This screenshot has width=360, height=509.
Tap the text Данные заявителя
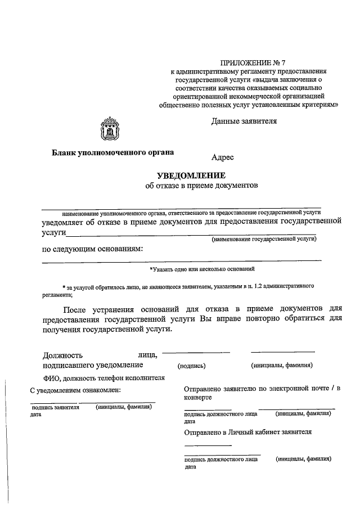click(x=244, y=120)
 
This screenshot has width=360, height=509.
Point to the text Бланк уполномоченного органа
click(x=113, y=152)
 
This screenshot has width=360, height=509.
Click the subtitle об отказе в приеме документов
click(x=201, y=186)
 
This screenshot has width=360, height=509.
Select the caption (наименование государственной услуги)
click(x=264, y=240)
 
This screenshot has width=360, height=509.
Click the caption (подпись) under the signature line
click(x=191, y=366)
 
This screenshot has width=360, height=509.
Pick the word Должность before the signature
click(x=63, y=355)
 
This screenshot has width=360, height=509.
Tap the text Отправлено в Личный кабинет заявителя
click(x=247, y=432)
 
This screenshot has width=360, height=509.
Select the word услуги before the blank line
click(x=55, y=232)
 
